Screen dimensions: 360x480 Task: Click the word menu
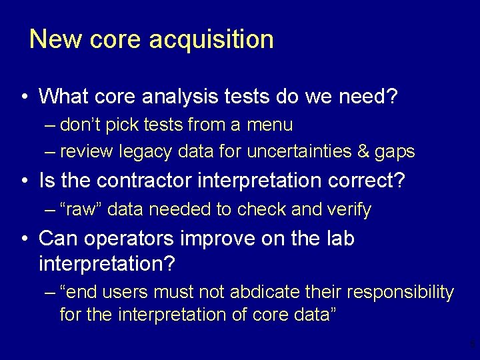269,125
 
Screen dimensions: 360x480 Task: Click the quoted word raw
81,209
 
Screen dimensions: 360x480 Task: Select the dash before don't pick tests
51,125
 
